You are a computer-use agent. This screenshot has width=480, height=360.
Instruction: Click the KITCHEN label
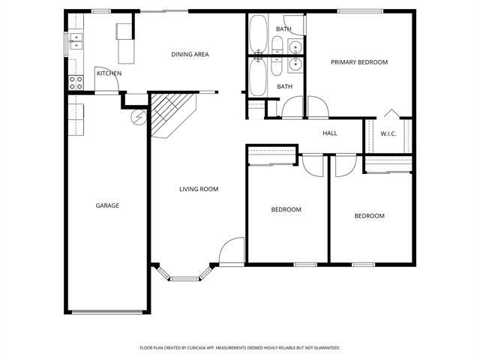click(x=109, y=73)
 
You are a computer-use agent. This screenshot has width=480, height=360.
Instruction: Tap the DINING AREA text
click(x=190, y=54)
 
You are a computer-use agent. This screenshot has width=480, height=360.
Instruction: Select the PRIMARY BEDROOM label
click(x=359, y=62)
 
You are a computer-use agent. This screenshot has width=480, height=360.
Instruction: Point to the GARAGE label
click(x=107, y=205)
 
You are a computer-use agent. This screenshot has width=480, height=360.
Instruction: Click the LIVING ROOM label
click(x=199, y=189)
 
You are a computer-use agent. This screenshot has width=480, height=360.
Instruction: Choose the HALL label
click(x=330, y=133)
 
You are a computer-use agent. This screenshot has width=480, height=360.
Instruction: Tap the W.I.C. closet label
click(x=388, y=134)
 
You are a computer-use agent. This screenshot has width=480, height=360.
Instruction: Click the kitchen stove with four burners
click(x=76, y=82)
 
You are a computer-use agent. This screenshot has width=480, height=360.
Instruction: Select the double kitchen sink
click(x=75, y=41)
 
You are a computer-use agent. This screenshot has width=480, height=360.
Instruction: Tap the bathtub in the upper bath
click(x=259, y=32)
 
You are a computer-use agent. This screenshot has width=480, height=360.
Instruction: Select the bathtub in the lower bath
click(x=258, y=78)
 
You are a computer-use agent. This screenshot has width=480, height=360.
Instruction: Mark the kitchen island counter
click(x=124, y=45)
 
